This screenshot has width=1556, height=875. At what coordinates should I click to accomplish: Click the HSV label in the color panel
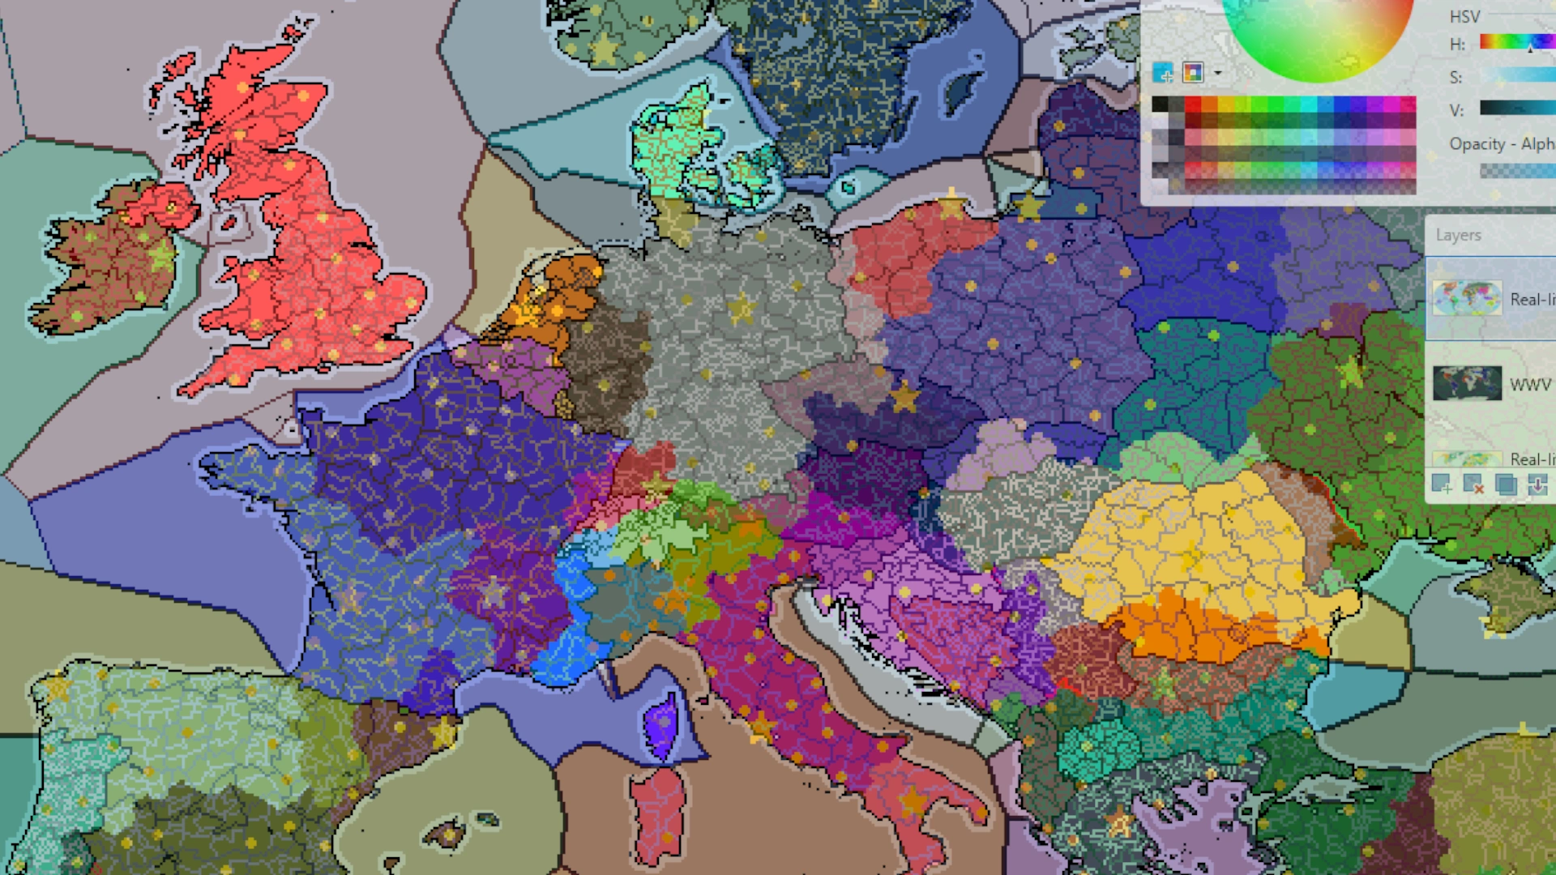tap(1464, 16)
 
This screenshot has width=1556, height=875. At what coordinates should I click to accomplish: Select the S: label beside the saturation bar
tap(1456, 78)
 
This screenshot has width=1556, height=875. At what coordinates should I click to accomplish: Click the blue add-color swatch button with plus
tap(1163, 73)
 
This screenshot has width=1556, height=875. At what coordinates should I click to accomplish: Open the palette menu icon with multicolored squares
tap(1193, 73)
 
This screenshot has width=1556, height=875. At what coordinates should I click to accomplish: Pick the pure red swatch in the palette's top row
tap(1193, 105)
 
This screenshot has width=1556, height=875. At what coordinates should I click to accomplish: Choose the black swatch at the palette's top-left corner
tap(1160, 105)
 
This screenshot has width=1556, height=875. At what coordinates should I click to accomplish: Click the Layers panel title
tap(1458, 235)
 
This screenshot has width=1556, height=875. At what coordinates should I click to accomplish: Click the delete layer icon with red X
tap(1473, 484)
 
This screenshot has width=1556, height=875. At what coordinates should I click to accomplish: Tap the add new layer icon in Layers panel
tap(1441, 484)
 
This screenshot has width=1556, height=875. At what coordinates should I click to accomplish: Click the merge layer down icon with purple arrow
tap(1537, 484)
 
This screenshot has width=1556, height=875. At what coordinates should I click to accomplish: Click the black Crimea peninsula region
tap(1507, 591)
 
